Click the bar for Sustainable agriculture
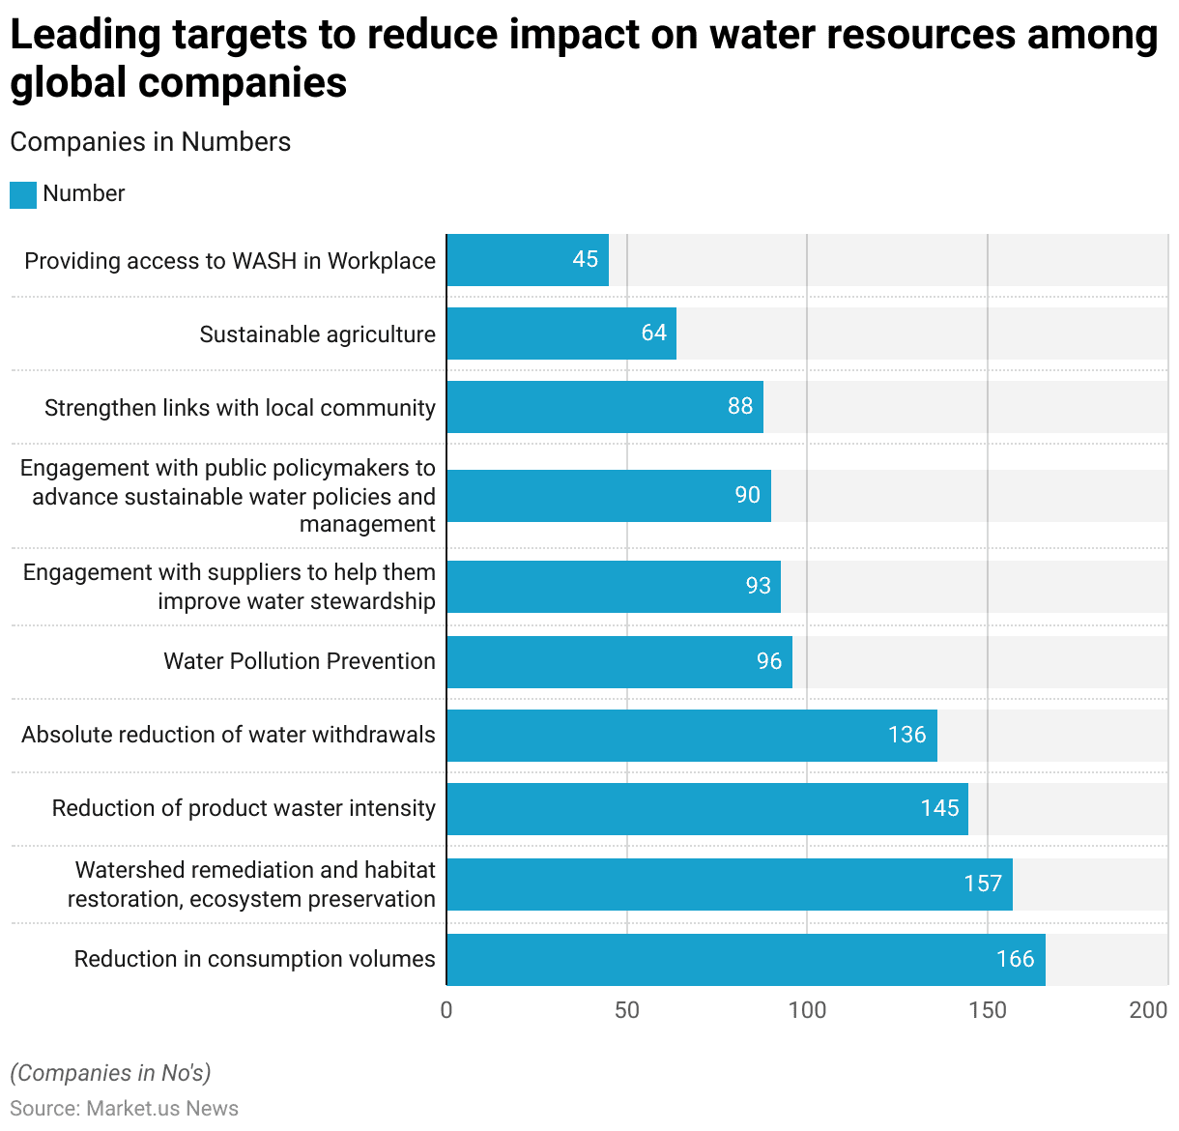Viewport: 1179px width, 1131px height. [x=561, y=333]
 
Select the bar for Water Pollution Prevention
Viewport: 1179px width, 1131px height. [x=618, y=662]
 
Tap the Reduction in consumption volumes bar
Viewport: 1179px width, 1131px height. [x=745, y=960]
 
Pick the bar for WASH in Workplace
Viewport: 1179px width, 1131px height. [x=527, y=260]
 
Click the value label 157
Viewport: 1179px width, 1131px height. [x=983, y=884]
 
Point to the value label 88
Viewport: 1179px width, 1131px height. [x=740, y=406]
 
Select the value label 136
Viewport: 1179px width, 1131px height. [x=906, y=735]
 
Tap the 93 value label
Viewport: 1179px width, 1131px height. [x=759, y=586]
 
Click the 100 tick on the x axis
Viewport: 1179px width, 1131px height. [x=807, y=1010]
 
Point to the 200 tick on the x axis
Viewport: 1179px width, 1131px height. [x=1148, y=1010]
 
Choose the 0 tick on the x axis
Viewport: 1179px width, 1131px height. [x=446, y=1010]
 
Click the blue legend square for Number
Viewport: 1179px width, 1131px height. [x=23, y=194]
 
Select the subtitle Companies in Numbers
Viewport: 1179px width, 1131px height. [x=150, y=142]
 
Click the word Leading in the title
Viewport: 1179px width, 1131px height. [x=85, y=35]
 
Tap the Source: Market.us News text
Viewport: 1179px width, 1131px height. [x=124, y=1109]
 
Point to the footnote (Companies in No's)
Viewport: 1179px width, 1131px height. [x=110, y=1073]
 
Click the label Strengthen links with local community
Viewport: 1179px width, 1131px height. [x=240, y=408]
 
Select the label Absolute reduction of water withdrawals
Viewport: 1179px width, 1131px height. [x=228, y=735]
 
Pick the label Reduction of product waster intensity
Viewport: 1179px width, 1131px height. [x=244, y=808]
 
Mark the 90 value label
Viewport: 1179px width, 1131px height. [x=747, y=495]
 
